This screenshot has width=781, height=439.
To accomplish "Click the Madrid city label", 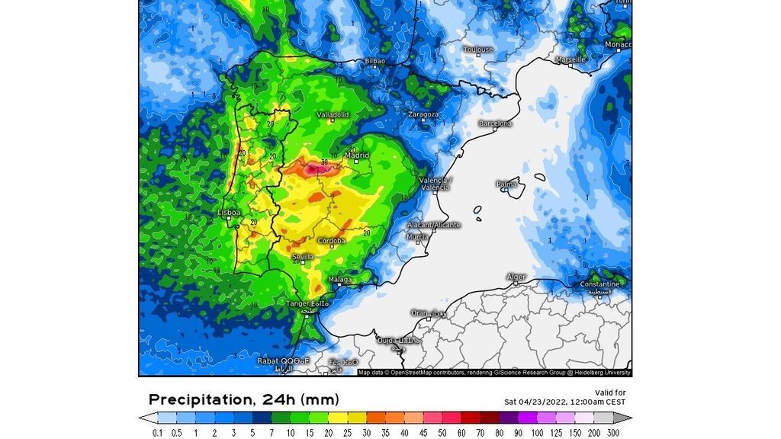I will coord(357,155).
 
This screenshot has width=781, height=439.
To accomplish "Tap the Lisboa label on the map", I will coord(230,213).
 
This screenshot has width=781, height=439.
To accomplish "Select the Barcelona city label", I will coord(495,123).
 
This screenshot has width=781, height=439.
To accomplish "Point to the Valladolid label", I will coord(333,115).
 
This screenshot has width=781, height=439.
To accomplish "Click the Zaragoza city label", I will coord(423,114).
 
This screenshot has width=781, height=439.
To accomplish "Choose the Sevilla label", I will coord(303,257).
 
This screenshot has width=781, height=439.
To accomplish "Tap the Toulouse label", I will coord(478,50).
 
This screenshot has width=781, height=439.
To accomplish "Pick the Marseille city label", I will coord(570,59).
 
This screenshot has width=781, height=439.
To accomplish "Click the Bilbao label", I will coord(375,60).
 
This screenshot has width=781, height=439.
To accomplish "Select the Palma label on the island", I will coord(506,184).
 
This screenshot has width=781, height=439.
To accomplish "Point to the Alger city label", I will coord(516,277).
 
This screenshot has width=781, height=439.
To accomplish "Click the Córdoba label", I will coord(331,241).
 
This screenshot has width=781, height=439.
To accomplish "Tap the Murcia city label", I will coord(417,236).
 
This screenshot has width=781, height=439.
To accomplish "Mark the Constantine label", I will coord(600,284).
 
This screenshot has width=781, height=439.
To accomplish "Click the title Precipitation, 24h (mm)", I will coord(243,399).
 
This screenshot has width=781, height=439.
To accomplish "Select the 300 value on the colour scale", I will coord(612,433).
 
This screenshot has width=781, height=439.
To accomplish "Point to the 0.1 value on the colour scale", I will coord(158,433).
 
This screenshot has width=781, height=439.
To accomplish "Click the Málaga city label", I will coord(340,280).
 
